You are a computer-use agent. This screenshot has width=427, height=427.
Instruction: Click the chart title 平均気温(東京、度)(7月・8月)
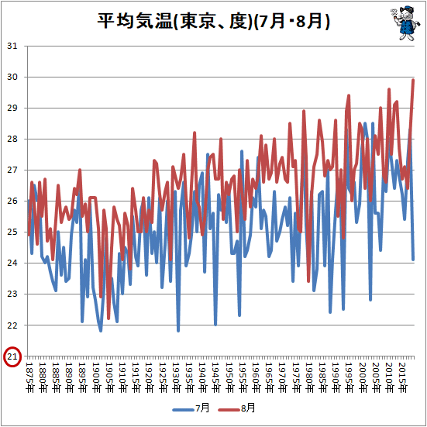213,21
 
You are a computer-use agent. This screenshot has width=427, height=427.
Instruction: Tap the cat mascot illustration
401,23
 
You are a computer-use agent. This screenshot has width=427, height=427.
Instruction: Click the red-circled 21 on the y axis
12,356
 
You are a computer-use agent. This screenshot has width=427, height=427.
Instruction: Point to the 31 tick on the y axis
12,46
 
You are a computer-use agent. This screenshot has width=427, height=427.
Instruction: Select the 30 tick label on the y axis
12,77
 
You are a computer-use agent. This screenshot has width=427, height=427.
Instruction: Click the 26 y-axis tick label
12,201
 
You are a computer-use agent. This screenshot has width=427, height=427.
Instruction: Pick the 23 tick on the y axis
12,294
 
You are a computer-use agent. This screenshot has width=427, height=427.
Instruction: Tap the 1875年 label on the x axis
29,377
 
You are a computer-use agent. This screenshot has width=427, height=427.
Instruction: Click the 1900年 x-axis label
96,377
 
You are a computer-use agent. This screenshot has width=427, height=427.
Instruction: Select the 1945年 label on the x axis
216,377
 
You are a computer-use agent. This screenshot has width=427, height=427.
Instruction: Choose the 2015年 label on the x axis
403,377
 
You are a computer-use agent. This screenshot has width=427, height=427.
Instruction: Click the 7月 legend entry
191,408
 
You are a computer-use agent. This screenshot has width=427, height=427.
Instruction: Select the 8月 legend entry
237,408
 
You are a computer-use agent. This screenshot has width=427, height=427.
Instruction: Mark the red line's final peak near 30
413,80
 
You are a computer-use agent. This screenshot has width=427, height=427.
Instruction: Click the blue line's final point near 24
413,260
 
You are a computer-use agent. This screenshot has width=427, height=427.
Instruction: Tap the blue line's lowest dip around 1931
178,331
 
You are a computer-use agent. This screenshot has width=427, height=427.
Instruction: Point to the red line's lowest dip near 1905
108,319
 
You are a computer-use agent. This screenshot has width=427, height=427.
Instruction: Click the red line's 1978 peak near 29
304,111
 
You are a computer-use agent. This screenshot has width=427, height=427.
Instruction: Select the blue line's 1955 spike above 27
242,151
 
